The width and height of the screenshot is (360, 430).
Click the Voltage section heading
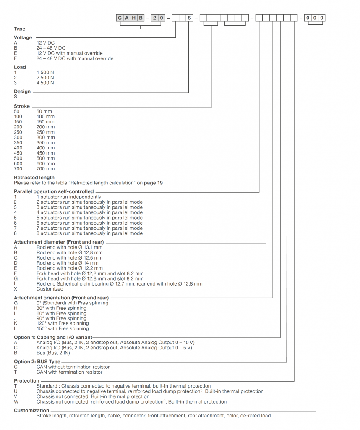(23, 37)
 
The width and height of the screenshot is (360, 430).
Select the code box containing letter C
(120, 18)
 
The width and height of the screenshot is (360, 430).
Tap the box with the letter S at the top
(189, 18)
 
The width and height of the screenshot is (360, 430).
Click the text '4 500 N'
(45, 83)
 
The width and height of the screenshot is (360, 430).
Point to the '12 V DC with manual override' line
(69, 53)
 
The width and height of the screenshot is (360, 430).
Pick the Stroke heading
(22, 106)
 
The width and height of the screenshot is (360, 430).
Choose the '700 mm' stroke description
(45, 169)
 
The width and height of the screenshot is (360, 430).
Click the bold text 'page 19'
(153, 183)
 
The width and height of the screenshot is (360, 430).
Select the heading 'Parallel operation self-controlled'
(54, 191)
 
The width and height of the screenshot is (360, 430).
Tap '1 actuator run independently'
(68, 197)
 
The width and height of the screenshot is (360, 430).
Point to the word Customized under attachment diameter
(50, 289)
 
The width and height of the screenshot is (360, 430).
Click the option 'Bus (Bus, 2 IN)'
(53, 353)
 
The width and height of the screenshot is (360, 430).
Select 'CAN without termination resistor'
(73, 367)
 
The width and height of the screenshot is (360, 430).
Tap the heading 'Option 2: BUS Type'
(37, 362)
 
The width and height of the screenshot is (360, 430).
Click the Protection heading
(26, 381)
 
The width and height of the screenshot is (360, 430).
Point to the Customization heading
(31, 410)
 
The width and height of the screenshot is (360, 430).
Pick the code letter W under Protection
(16, 401)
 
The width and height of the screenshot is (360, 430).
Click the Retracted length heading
(34, 178)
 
